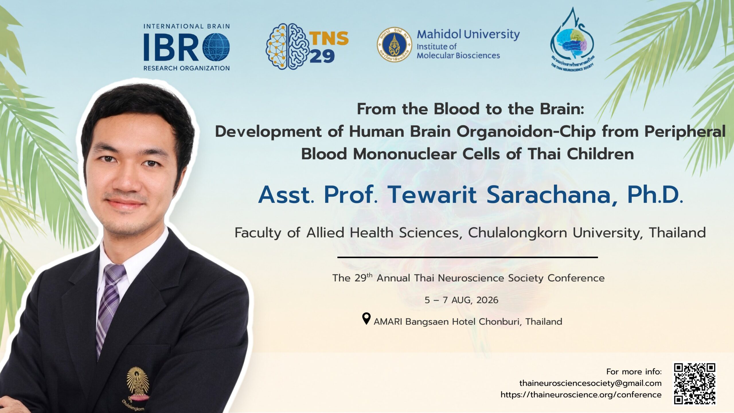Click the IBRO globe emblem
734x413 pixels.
pyautogui.click(x=216, y=47)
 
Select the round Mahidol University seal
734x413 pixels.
pyautogui.click(x=394, y=44)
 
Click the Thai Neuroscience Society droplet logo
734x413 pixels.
pyautogui.click(x=572, y=40)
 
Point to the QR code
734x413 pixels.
pyautogui.click(x=695, y=388)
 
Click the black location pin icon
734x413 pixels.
pyautogui.click(x=366, y=319)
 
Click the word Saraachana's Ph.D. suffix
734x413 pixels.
pyautogui.click(x=655, y=195)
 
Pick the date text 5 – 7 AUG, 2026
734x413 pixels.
pyautogui.click(x=462, y=300)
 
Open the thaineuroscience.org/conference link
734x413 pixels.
pyautogui.click(x=581, y=395)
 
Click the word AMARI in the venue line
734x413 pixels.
pyautogui.click(x=388, y=322)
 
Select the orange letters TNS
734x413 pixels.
pyautogui.click(x=329, y=38)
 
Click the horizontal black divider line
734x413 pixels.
pyautogui.click(x=468, y=257)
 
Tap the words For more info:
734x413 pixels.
pyautogui.click(x=634, y=372)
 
